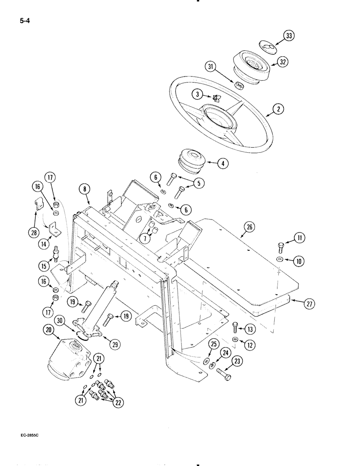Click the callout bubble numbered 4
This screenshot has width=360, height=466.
pos(222,164)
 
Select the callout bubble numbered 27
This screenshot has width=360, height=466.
pos(309,304)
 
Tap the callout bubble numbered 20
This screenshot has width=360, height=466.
pos(50,329)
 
